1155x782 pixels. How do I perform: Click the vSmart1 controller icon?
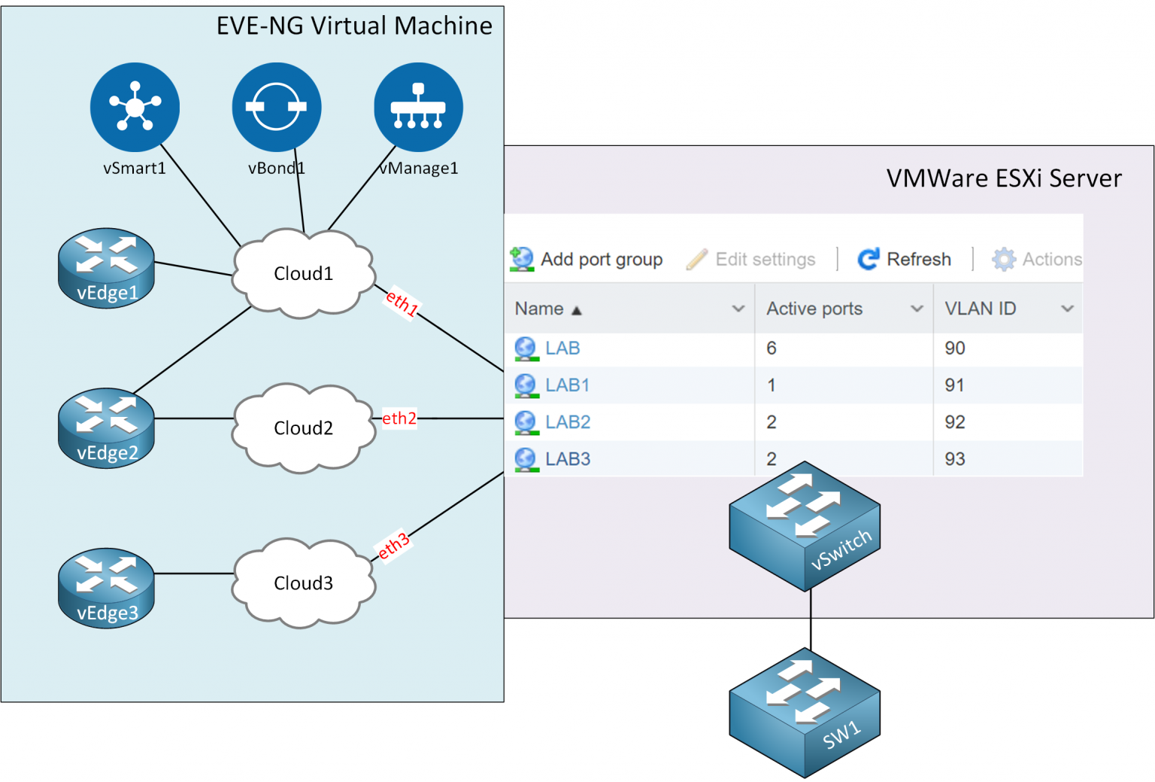click(x=135, y=107)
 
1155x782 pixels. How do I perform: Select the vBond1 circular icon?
click(x=276, y=107)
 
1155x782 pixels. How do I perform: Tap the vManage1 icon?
click(x=418, y=107)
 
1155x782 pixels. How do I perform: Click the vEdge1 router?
click(x=107, y=268)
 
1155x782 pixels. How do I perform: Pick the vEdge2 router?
click(x=107, y=428)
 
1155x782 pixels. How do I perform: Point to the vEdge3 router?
click(x=107, y=588)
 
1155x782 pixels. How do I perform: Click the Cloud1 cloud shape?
click(x=303, y=273)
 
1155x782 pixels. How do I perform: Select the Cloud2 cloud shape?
click(x=303, y=428)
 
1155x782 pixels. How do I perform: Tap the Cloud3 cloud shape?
click(x=303, y=583)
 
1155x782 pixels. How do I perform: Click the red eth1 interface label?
click(x=402, y=303)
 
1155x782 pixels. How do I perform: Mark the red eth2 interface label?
click(x=399, y=418)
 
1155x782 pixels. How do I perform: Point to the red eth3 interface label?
click(x=393, y=546)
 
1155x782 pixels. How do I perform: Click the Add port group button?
click(x=587, y=260)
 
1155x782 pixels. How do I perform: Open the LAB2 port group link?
click(x=568, y=422)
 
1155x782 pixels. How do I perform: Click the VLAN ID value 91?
click(x=954, y=385)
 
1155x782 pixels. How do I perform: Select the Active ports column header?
click(x=814, y=309)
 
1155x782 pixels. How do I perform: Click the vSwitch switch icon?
click(x=805, y=526)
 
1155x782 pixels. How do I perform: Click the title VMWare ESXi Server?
click(x=1003, y=178)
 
